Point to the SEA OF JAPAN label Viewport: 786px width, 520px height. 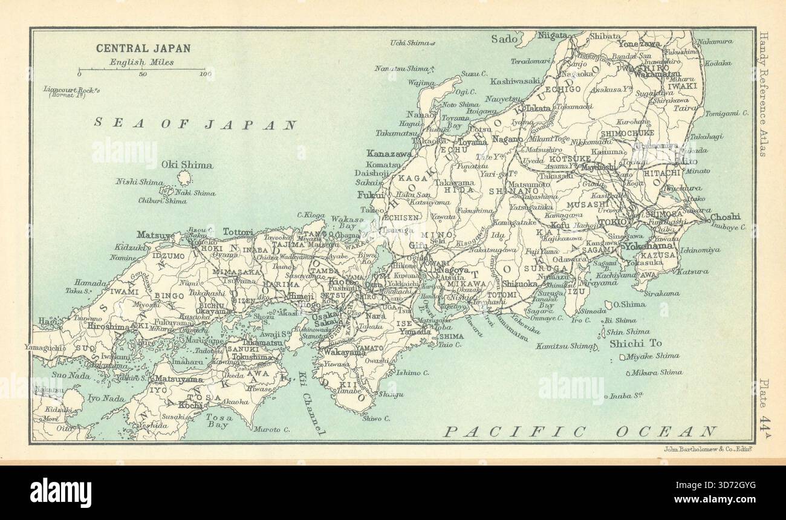tap(195, 125)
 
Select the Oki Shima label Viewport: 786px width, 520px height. tap(187, 164)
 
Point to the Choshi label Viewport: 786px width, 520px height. tap(724, 217)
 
